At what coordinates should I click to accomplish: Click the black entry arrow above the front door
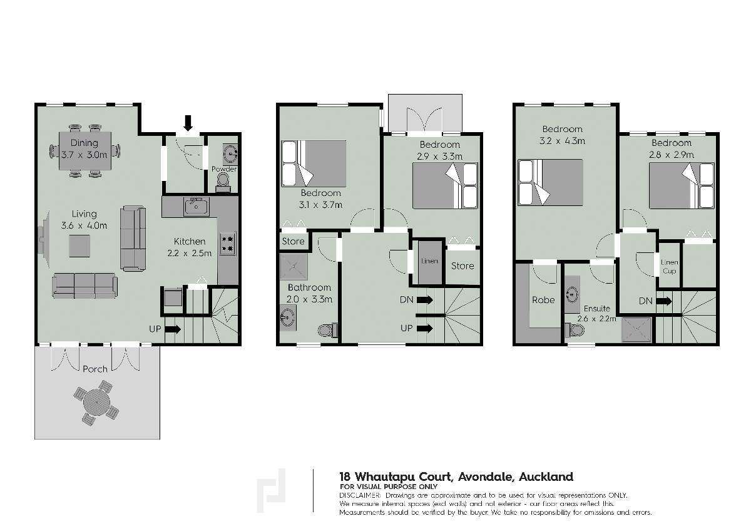pos(188,123)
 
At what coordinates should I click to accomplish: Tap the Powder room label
pos(223,169)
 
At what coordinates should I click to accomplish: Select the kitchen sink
pos(197,205)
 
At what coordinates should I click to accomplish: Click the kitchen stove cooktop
pos(228,243)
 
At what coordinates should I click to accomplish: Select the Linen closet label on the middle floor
pos(430,260)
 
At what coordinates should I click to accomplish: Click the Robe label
pos(543,300)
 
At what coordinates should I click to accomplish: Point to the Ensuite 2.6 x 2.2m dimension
pos(597,319)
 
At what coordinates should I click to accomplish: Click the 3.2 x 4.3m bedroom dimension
pos(563,141)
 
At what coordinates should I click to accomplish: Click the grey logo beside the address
pos(271,492)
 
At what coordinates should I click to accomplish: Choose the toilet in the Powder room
pos(223,182)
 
